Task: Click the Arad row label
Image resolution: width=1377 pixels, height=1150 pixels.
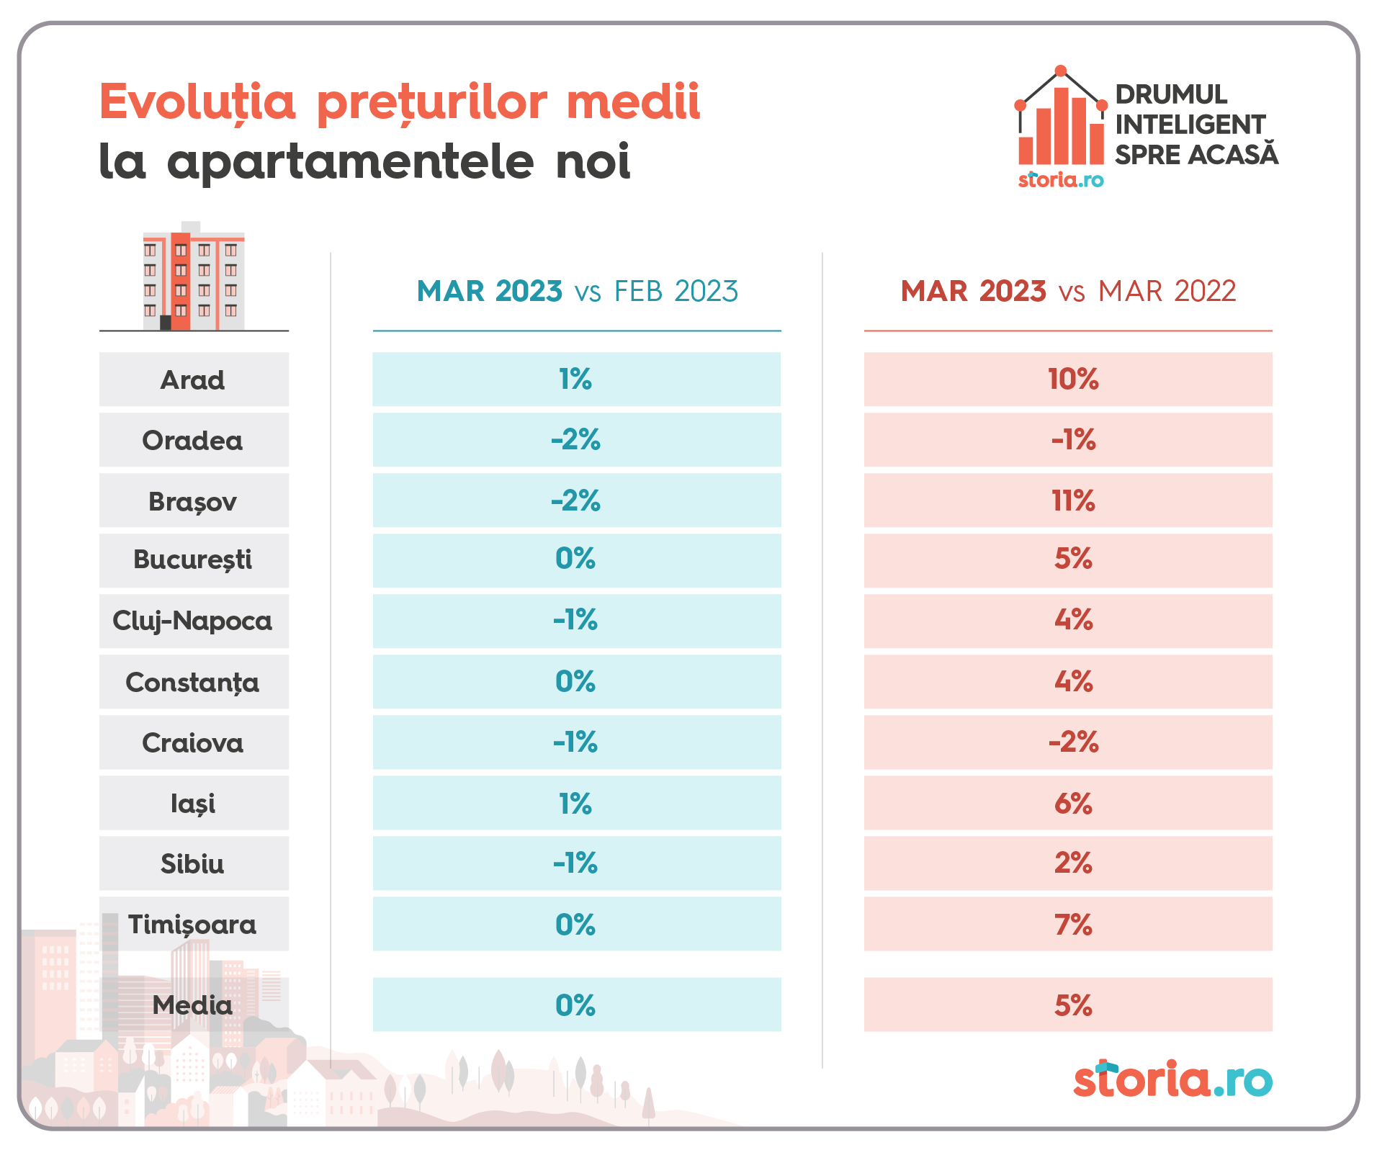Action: (x=193, y=379)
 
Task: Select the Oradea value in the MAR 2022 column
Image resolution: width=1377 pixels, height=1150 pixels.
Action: (x=1073, y=440)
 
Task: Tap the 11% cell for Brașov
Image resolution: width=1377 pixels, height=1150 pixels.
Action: (x=1073, y=500)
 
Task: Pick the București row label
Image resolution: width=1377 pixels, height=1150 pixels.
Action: (x=193, y=560)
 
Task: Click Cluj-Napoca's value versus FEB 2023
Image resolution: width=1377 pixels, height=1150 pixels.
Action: (x=575, y=620)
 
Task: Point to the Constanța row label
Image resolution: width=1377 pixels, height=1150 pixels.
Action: (x=193, y=682)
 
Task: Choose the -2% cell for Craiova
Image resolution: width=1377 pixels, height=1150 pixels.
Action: (x=1073, y=742)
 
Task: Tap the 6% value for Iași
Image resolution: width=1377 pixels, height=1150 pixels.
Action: (x=1073, y=803)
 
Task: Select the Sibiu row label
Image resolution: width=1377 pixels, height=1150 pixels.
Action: (x=193, y=863)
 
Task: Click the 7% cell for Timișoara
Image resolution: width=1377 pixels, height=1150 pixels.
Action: (x=1073, y=925)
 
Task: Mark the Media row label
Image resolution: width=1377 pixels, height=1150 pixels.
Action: (x=193, y=1005)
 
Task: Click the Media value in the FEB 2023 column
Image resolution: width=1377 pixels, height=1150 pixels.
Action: (x=575, y=1005)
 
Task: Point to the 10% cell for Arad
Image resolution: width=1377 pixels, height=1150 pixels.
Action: (x=1073, y=379)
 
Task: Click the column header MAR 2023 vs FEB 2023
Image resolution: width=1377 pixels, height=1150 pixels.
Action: (x=577, y=292)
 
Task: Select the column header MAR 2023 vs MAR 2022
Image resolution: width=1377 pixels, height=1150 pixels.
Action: (x=1068, y=292)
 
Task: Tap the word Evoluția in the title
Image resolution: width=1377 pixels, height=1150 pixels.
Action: (x=197, y=102)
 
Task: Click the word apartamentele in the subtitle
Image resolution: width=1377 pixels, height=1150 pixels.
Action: (x=351, y=161)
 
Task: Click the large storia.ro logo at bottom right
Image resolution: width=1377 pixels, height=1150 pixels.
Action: (x=1172, y=1079)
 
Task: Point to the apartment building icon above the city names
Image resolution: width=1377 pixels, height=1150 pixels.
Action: (x=194, y=277)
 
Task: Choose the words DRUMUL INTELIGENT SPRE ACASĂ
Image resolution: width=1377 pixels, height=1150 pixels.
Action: (x=1196, y=125)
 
